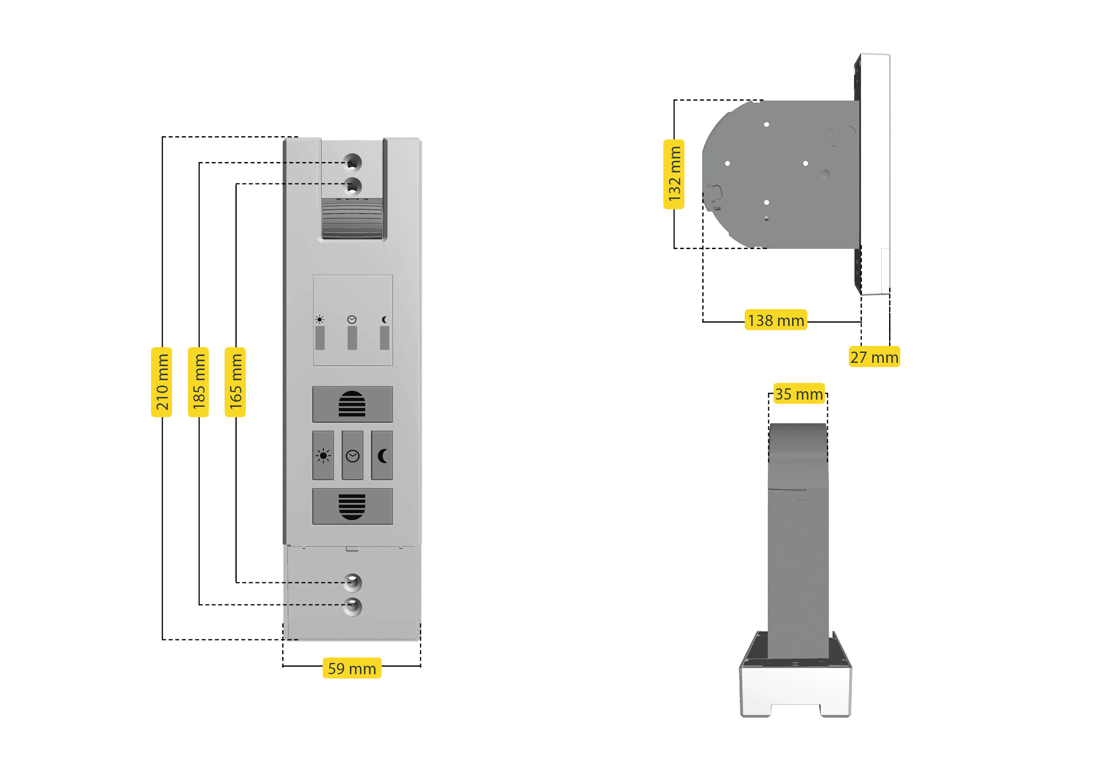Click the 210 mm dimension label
162,382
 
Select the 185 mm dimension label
198,382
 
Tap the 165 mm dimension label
235,382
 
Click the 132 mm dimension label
674,174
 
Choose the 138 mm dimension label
776,320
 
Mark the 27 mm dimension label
874,357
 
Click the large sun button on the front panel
323,456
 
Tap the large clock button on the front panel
353,456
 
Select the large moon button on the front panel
382,456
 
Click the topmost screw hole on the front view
352,162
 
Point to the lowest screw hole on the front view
352,606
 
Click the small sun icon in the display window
319,319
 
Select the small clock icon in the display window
352,319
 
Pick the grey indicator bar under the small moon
385,338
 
